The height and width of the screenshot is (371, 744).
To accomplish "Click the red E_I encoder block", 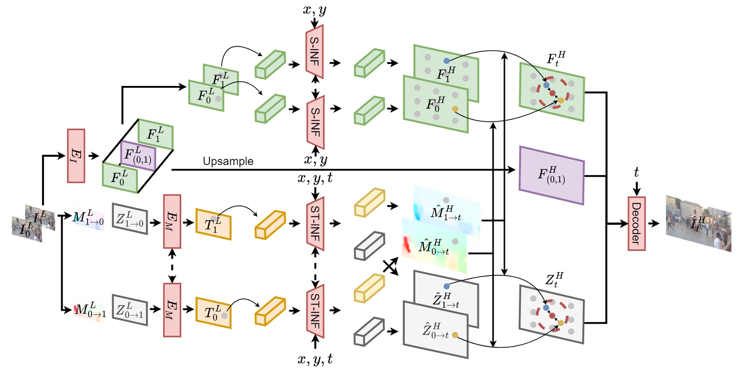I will tap(76, 155).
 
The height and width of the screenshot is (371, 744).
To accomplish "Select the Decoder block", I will tap(636, 223).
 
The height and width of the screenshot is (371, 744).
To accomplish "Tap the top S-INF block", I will tap(315, 51).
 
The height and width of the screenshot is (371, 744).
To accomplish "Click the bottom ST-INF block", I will tap(315, 311).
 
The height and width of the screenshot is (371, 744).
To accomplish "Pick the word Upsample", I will tap(228, 161).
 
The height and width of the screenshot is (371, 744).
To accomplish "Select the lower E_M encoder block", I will tap(172, 310).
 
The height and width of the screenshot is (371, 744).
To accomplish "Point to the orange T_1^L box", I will tap(213, 224).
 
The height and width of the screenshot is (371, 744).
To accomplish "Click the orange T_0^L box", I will tap(213, 312).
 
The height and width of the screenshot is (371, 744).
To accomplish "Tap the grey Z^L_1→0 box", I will tap(130, 219).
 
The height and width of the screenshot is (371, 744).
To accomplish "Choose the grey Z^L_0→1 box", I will tap(130, 310).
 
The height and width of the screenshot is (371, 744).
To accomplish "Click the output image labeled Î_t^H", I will tap(698, 223).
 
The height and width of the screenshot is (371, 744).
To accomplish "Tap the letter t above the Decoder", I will tap(636, 172).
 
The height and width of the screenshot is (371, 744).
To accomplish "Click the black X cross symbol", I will tap(390, 266).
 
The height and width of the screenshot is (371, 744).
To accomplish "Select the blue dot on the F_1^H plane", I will tap(446, 61).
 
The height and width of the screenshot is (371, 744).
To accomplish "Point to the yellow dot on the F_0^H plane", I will tap(455, 109).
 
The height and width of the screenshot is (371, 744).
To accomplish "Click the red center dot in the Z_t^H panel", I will tap(552, 316).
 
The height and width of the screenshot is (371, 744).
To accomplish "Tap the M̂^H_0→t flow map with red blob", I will tap(434, 246).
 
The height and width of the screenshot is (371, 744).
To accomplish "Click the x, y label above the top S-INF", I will tap(314, 10).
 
